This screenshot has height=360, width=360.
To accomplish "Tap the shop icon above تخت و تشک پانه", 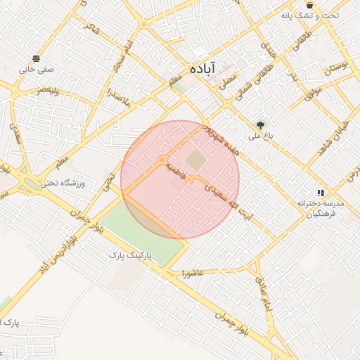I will coord(309,6).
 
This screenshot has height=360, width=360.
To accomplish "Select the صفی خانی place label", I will coord(36,70).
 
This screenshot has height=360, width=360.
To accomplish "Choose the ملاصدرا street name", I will coord(116,98).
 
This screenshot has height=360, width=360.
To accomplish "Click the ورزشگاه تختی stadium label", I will coord(63,183).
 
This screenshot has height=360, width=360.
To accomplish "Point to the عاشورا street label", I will coord(192,272).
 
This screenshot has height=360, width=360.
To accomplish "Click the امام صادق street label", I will coord(264,295).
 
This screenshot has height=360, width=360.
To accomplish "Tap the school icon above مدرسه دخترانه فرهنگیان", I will coord(320,192).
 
